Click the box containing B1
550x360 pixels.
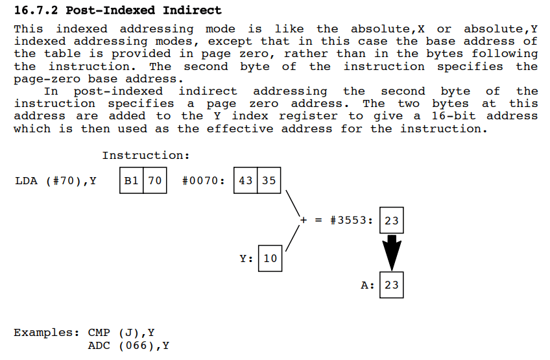pos(132,181)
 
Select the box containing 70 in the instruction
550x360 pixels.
pos(154,181)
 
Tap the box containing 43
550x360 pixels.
pos(246,181)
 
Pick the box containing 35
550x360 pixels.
pos(269,181)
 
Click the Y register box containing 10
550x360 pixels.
pos(270,258)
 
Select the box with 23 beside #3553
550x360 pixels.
pos(391,221)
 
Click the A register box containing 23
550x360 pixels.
pos(391,285)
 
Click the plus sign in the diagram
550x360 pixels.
pos(303,221)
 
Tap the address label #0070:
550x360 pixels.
pos(204,181)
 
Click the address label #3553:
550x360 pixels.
pos(352,221)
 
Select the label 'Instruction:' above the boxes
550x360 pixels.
pos(146,156)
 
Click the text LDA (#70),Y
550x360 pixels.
pos(56,181)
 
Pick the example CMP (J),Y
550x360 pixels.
pos(121,333)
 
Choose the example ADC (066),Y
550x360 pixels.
pos(128,346)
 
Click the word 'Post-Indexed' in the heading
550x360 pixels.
pos(101,10)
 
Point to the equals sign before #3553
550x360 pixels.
pos(318,221)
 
